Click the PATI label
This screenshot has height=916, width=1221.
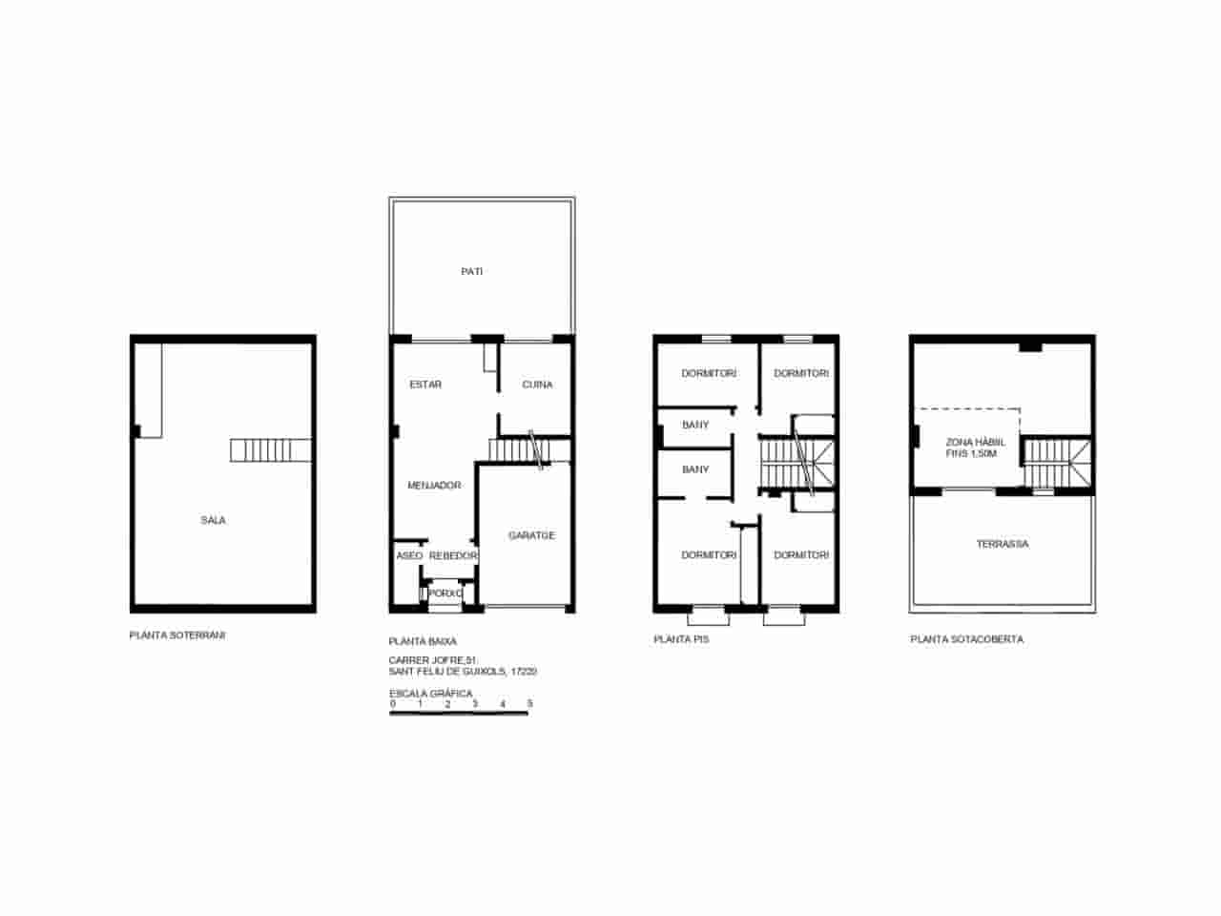coord(471,272)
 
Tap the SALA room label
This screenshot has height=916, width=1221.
coord(213,520)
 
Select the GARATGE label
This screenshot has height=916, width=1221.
coord(531,535)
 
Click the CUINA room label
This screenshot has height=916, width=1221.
coord(537,385)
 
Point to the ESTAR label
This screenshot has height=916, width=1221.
coord(425,385)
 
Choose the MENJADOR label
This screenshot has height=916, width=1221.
coord(434,486)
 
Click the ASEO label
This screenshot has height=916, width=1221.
coord(409,555)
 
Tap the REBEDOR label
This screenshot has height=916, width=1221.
coord(453,555)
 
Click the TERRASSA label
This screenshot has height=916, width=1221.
coord(1003,544)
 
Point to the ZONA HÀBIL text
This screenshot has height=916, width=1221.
coord(970,443)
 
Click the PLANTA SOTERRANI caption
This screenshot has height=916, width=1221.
coord(177,635)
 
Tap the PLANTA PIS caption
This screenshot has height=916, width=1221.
coord(681,639)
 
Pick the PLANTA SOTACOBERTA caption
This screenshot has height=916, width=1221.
coord(967,639)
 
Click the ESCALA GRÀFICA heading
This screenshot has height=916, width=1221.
coord(430,694)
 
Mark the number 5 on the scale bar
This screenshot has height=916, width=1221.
coord(529,704)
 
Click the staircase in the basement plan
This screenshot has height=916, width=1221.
coord(271,450)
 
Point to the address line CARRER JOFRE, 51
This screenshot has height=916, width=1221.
coord(432,660)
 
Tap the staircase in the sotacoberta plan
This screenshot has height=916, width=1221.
coord(1057,465)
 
